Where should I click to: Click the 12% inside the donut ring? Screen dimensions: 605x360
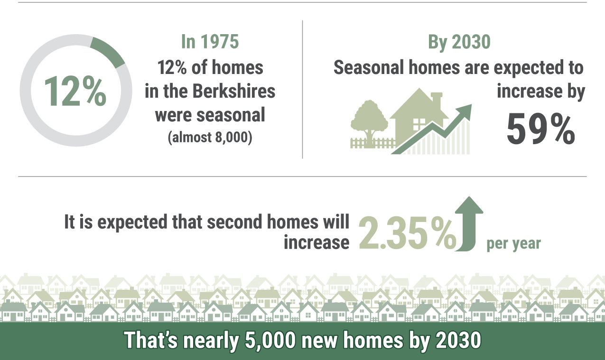pos(75,91)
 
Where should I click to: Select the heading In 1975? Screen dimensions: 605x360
pos(210,42)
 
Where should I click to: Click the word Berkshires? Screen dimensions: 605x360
pos(233,91)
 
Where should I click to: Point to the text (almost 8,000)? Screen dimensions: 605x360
pos(210,137)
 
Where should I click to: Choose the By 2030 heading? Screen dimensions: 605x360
pos(459,42)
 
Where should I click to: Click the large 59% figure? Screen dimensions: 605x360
pos(541,129)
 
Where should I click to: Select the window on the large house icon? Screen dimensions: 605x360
pos(419,124)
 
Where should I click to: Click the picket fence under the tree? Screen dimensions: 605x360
pos(372,143)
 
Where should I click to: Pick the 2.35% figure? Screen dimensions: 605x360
pos(408,233)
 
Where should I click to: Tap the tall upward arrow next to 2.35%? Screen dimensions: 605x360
pos(469,224)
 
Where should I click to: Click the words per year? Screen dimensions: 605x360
pos(514,243)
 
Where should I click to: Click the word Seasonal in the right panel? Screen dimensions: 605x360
pos(369,67)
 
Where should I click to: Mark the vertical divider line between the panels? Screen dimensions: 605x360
pos(303,89)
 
